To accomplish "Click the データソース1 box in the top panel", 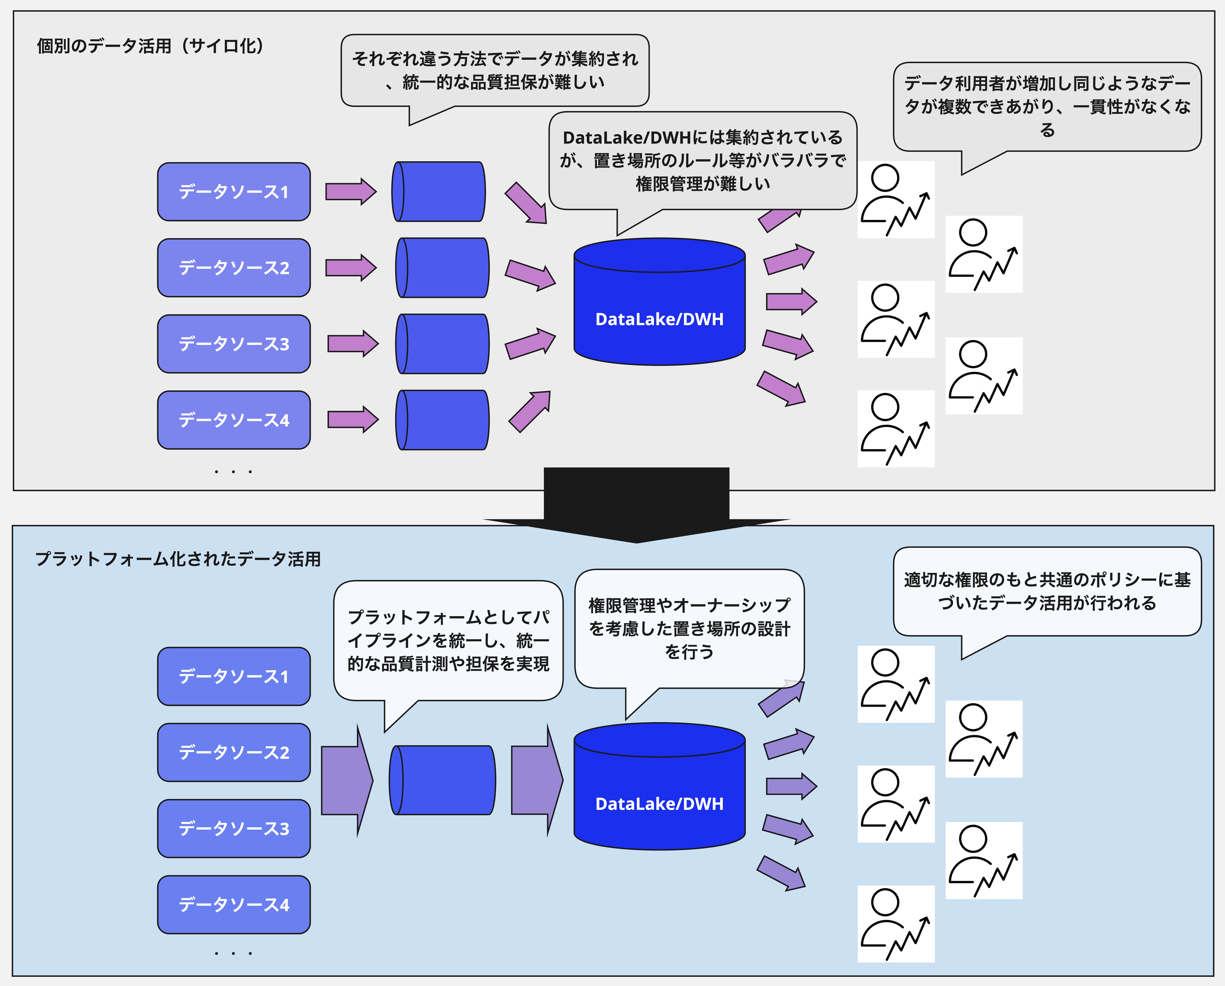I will (233, 192).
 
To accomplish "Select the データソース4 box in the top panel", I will (233, 420).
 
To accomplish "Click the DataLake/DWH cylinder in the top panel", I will (659, 310).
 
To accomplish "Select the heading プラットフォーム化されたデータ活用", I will (178, 559).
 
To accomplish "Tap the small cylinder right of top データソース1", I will (439, 192).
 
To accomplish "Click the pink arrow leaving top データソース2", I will (351, 268).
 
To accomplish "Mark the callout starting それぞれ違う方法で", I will (494, 70).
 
